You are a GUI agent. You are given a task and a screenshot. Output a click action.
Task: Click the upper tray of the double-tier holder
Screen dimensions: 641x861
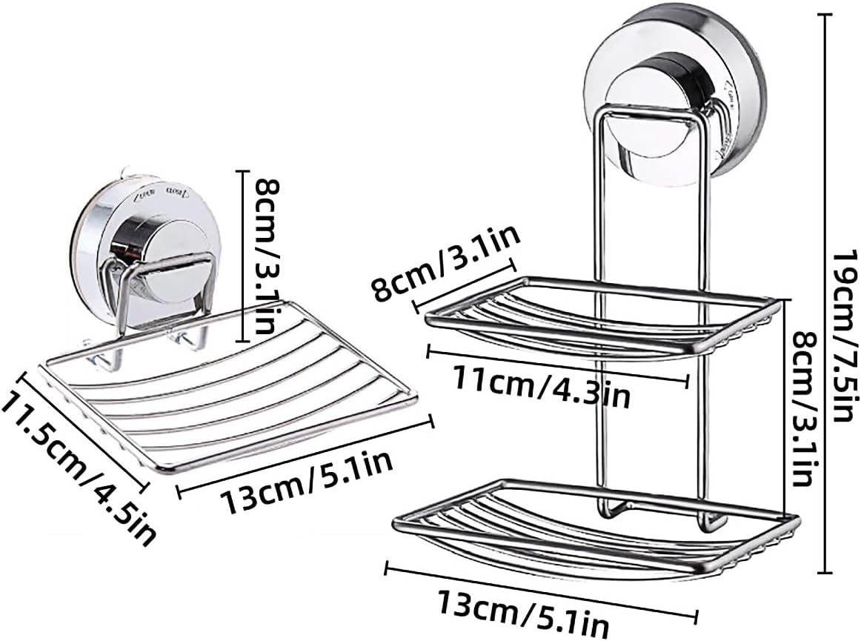pos(600,315)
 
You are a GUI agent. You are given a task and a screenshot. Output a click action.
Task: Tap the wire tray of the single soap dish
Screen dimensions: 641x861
pos(230,400)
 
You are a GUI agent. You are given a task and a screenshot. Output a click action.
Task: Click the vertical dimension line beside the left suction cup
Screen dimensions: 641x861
pos(242,256)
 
